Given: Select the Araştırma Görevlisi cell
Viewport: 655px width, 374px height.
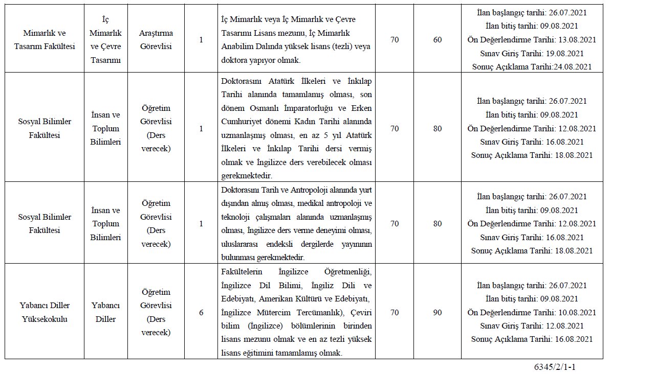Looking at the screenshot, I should click(x=156, y=39).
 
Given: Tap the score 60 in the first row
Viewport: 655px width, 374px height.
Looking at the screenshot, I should click(x=437, y=39).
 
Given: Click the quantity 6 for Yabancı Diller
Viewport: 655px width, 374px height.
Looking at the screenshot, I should click(x=201, y=312).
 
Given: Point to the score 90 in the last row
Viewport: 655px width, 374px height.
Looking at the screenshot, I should click(x=437, y=312).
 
